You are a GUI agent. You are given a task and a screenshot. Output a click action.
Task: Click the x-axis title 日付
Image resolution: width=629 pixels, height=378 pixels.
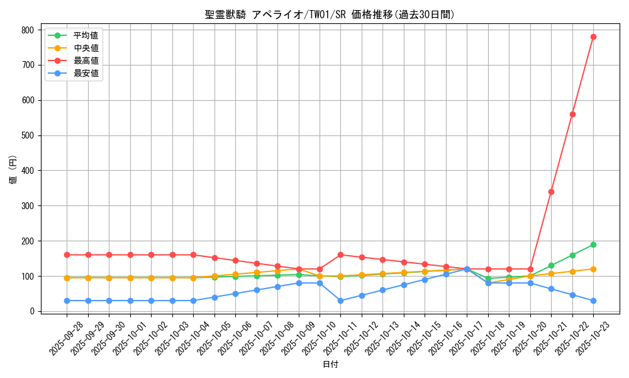point(330,365)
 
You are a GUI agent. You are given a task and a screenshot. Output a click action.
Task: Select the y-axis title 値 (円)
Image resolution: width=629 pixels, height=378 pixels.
point(13,170)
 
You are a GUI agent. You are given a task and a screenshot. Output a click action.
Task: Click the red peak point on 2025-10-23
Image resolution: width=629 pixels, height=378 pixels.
point(593,37)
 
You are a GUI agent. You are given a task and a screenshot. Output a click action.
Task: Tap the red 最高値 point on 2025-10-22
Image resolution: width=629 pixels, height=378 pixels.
point(572,114)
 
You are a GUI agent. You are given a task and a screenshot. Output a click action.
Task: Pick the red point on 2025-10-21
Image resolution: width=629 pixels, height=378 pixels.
point(551,192)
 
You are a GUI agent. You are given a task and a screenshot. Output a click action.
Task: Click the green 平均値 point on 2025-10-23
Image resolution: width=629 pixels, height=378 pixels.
point(593,244)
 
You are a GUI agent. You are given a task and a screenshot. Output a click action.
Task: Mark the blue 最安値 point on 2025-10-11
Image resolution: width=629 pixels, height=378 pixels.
point(340,301)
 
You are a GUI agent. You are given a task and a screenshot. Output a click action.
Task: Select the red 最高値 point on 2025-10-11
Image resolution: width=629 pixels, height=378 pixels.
point(340,255)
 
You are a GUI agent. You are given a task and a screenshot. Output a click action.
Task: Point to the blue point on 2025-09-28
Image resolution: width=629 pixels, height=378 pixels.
point(67,301)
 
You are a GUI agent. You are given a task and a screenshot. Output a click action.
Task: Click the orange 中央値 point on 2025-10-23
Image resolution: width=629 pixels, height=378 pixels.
point(593,269)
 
